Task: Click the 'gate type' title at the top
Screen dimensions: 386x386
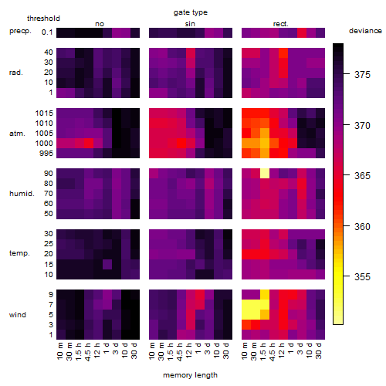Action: pyautogui.click(x=191, y=12)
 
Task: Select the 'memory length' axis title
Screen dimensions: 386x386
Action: pyautogui.click(x=190, y=375)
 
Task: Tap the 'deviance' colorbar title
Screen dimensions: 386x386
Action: pyautogui.click(x=365, y=31)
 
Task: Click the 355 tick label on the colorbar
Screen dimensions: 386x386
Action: pyautogui.click(x=362, y=277)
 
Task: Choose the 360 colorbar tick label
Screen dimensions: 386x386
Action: pyautogui.click(x=362, y=227)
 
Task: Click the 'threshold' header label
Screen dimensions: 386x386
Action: pyautogui.click(x=43, y=19)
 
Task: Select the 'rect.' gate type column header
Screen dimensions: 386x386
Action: pyautogui.click(x=281, y=24)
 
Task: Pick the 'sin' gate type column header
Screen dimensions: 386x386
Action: pyautogui.click(x=190, y=24)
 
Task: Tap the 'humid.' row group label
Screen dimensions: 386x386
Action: pyautogui.click(x=22, y=194)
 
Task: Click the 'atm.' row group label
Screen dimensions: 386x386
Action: pyautogui.click(x=17, y=134)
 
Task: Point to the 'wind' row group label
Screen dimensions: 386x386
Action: pyautogui.click(x=18, y=315)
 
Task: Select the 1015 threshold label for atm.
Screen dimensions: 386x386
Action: pyautogui.click(x=44, y=113)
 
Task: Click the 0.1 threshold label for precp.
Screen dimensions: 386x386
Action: pyautogui.click(x=47, y=32)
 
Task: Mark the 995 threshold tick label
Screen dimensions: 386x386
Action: pyautogui.click(x=46, y=154)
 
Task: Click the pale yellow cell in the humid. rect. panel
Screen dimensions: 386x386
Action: pyautogui.click(x=265, y=174)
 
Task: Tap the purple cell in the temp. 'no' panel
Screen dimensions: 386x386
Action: pyautogui.click(x=107, y=264)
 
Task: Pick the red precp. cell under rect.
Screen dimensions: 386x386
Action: pyautogui.click(x=302, y=32)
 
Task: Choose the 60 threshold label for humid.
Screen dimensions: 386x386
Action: pyautogui.click(x=49, y=204)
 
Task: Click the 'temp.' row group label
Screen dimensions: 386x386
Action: pyautogui.click(x=19, y=253)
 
